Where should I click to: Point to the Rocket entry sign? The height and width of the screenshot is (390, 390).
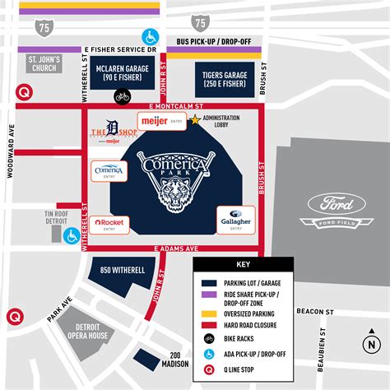109,224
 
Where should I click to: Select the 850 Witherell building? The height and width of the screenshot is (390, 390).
118,270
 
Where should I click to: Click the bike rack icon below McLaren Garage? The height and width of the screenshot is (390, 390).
123,97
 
